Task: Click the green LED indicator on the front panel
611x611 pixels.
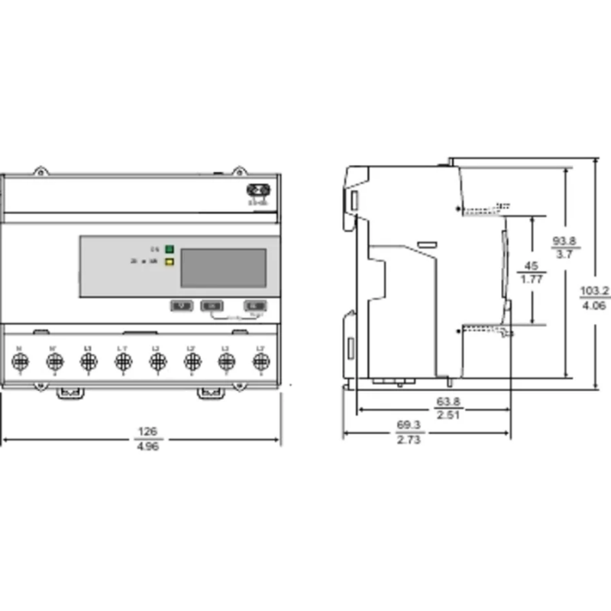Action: click(170, 249)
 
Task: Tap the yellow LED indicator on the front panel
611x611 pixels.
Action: click(170, 261)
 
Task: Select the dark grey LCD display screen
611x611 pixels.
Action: click(222, 267)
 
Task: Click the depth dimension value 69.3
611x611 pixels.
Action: click(408, 425)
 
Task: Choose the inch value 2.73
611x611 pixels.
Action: click(408, 439)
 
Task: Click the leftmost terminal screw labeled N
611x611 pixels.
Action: click(19, 361)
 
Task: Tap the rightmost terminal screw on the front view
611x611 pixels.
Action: click(260, 361)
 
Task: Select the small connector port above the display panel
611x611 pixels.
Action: click(257, 192)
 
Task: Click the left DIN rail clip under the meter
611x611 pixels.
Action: click(70, 393)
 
